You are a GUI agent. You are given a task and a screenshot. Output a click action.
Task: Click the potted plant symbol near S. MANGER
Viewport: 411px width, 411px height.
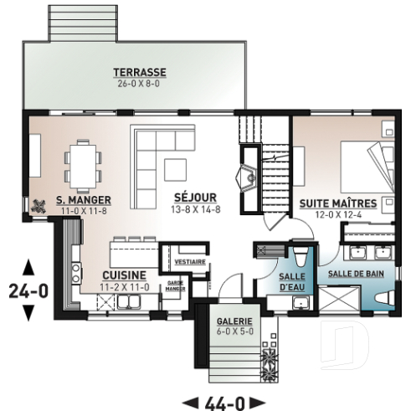pos(39,203)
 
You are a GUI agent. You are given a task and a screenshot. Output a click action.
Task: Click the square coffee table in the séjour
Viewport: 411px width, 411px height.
pos(177,167)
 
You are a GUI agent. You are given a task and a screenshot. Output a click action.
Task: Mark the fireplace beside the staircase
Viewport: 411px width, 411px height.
pos(249,177)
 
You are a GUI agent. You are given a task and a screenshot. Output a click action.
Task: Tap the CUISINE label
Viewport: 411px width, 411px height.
pos(125,275)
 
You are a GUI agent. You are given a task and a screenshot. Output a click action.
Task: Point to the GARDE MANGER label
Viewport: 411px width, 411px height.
pos(176,285)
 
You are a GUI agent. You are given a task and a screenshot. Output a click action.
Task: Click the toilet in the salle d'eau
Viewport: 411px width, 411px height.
pos(302,254)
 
